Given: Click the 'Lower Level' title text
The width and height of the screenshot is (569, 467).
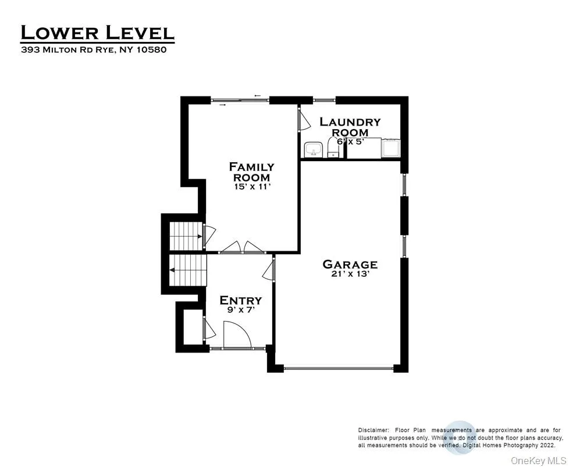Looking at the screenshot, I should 97,33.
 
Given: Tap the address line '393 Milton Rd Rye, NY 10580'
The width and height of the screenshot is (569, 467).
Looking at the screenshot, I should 94,50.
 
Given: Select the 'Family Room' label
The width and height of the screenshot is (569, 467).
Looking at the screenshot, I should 251,172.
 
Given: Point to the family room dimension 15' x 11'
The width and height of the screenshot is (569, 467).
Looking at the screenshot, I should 251,187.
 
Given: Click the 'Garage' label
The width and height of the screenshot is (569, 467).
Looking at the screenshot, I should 350,265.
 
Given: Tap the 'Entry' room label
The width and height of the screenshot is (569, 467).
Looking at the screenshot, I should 240,300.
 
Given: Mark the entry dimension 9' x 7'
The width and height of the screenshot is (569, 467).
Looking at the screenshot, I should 240,311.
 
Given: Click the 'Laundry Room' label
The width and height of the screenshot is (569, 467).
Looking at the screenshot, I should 350,127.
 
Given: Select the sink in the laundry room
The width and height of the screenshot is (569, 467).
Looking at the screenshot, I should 314,150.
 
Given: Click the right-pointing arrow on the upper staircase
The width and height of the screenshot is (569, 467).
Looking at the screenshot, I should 200,237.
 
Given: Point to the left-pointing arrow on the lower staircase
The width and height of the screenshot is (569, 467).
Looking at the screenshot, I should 173,270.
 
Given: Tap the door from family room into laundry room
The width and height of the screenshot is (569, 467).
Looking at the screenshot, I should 303,120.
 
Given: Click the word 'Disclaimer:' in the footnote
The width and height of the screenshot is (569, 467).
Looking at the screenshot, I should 373,430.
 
